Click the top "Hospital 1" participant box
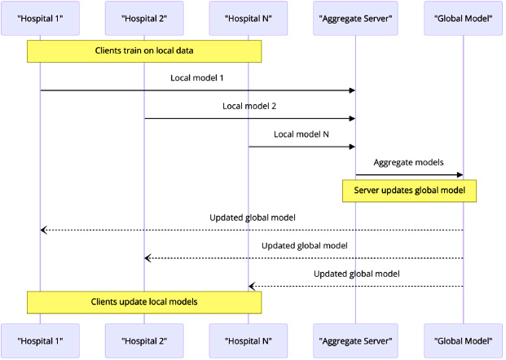click(x=41, y=18)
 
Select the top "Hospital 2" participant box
click(x=144, y=18)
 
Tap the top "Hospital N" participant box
click(x=249, y=18)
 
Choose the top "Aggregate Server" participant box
click(x=355, y=18)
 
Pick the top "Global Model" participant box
click(x=463, y=18)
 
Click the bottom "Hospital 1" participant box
click(x=41, y=340)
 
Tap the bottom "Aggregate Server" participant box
click(x=355, y=340)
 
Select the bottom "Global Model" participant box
click(x=463, y=340)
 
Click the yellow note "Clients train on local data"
click(x=144, y=51)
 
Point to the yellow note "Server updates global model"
click(x=409, y=191)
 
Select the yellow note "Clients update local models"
click(x=144, y=302)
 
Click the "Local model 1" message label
click(x=197, y=77)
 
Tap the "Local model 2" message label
click(x=249, y=106)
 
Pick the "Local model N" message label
click(x=301, y=134)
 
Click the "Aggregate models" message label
click(x=408, y=162)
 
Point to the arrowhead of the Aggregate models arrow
click(x=460, y=175)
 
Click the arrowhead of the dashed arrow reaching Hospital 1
click(x=43, y=230)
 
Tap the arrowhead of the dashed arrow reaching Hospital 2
click(x=147, y=258)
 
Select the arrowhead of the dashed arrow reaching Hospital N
click(x=252, y=286)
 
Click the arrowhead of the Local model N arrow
click(x=352, y=147)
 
